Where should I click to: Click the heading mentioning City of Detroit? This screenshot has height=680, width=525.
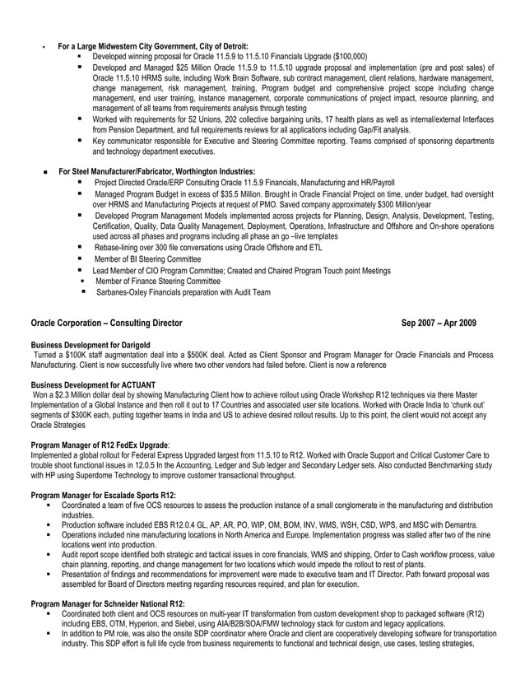click(153, 46)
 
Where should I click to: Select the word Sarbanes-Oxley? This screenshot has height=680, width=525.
click(123, 292)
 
